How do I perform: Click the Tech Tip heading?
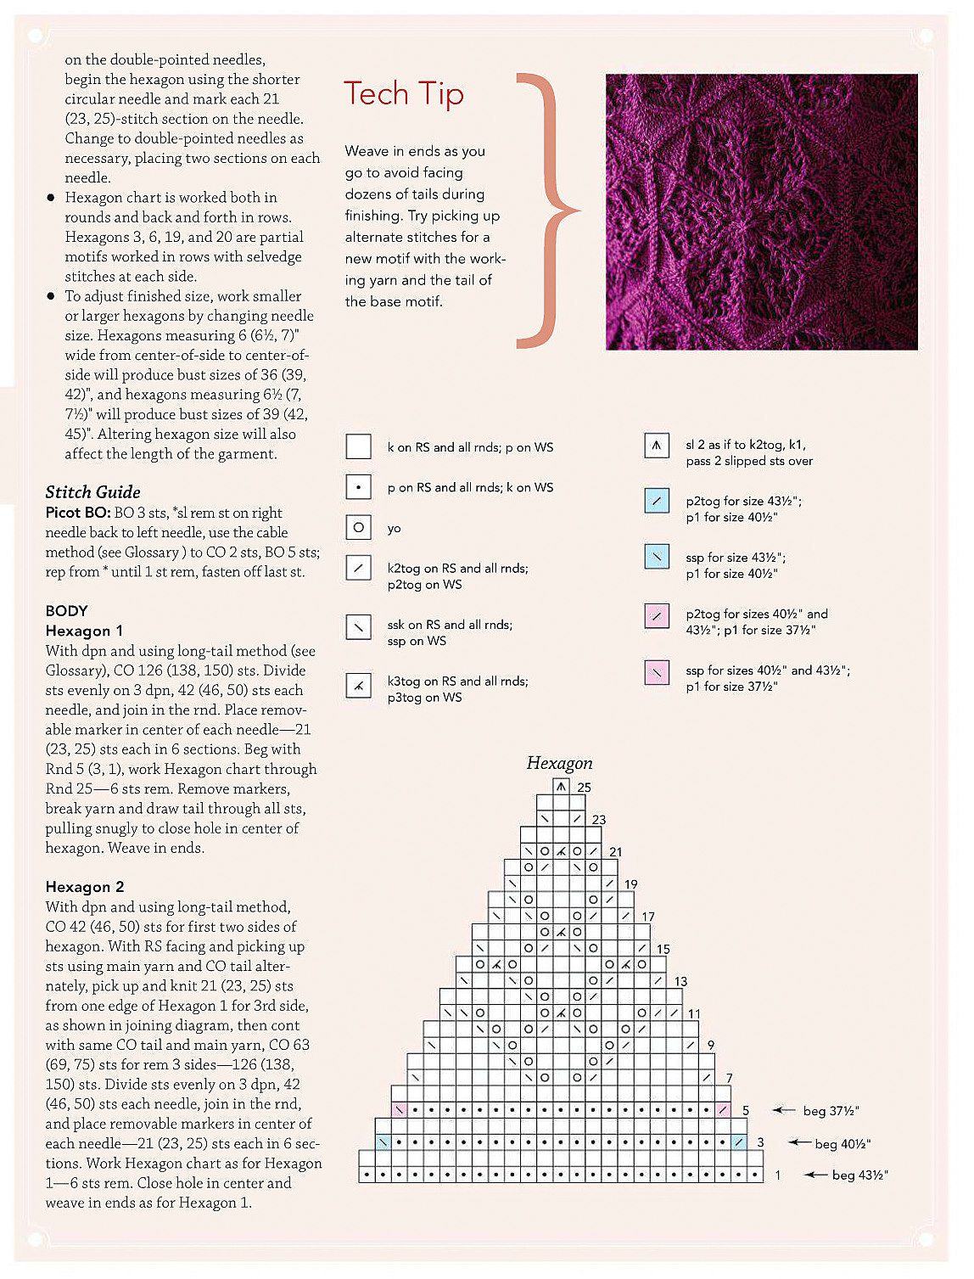coord(403,93)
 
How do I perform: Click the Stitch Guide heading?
coord(92,492)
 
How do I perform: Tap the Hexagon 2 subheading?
coord(85,887)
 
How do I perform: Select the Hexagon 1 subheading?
coord(84,631)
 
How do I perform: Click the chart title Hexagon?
coord(559,763)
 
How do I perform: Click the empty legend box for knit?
coord(359,446)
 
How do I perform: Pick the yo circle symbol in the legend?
coord(359,528)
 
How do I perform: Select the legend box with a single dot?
coord(359,487)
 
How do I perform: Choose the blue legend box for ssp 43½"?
coord(657,557)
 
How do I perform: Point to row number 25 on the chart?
coord(584,788)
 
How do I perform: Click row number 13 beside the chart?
coord(680,982)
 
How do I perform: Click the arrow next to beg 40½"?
coord(799,1142)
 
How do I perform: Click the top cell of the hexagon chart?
coord(560,787)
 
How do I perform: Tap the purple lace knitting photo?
coord(761,211)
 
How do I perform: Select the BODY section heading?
coord(66,611)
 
